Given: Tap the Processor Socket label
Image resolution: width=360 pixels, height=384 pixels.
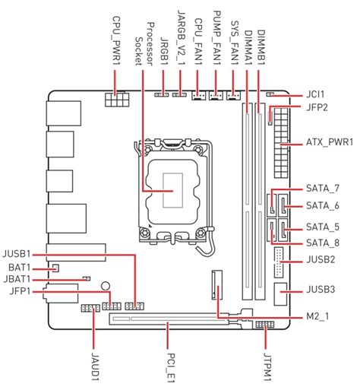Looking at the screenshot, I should pyautogui.click(x=144, y=35).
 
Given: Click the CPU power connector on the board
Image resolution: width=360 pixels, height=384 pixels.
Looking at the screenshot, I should pyautogui.click(x=118, y=101).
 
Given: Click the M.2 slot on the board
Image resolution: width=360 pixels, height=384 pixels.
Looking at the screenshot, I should pyautogui.click(x=218, y=284).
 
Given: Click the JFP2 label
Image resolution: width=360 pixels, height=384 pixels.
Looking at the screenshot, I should pyautogui.click(x=316, y=108).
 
